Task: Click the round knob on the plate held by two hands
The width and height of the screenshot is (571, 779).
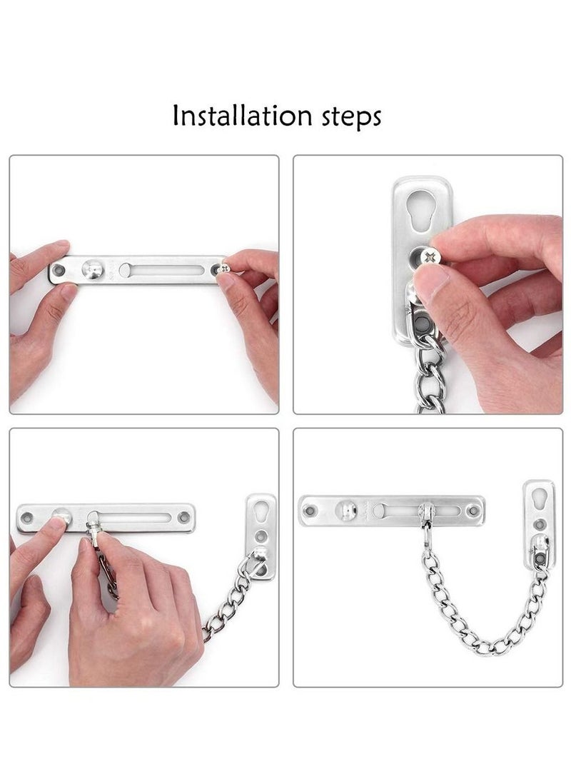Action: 93,269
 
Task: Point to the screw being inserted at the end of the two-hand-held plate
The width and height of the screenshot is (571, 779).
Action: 224,268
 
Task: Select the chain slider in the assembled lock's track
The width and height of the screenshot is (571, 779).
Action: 426,513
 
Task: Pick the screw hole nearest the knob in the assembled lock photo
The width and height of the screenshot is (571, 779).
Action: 310,511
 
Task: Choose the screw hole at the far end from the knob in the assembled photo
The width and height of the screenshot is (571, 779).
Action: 472,511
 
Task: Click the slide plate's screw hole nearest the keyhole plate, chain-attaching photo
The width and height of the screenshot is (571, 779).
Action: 184,517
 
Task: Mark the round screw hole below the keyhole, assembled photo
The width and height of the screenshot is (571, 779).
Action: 540,525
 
